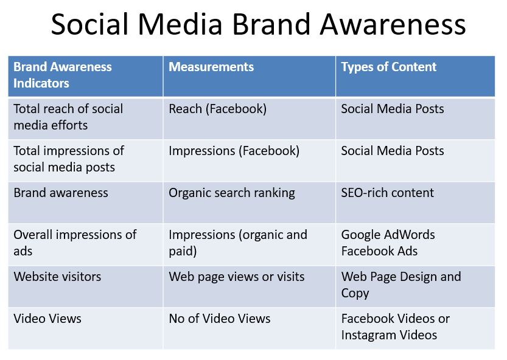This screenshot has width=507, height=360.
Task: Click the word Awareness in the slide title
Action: [x=393, y=24]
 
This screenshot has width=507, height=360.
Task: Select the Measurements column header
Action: [x=211, y=67]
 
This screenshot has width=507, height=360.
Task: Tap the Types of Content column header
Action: [x=389, y=67]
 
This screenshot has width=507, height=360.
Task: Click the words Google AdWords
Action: [x=388, y=235]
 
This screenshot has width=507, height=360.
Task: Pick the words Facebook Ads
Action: [x=379, y=251]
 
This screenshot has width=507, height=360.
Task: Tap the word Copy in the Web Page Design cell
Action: [x=355, y=294]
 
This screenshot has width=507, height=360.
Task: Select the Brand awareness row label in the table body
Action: [x=61, y=193]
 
